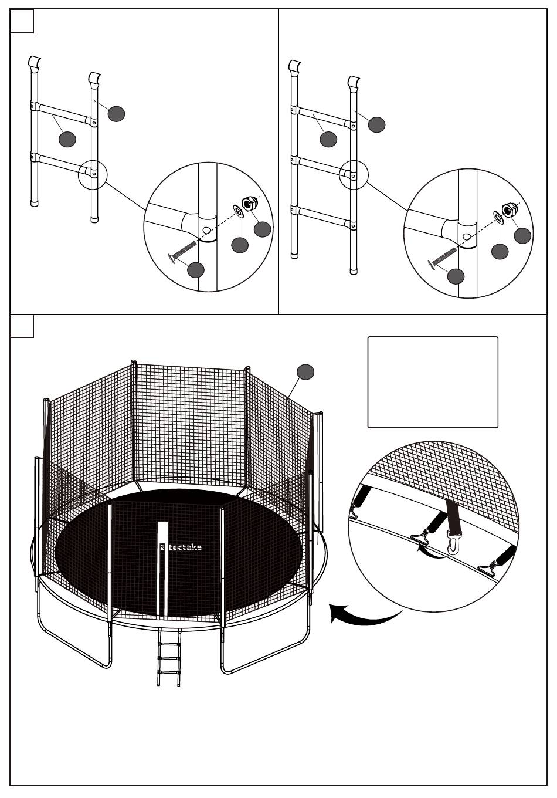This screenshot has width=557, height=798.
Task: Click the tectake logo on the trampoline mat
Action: tap(181, 547)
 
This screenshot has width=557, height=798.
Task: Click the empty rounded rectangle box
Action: tap(433, 382)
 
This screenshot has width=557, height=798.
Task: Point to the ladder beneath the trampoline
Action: tap(168, 657)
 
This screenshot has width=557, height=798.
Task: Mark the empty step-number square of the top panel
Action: tap(22, 21)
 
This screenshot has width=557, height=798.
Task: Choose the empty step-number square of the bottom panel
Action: tap(22, 326)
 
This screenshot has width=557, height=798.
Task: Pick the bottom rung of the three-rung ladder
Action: tap(324, 215)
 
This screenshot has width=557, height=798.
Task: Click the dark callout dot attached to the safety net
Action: tap(305, 371)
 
